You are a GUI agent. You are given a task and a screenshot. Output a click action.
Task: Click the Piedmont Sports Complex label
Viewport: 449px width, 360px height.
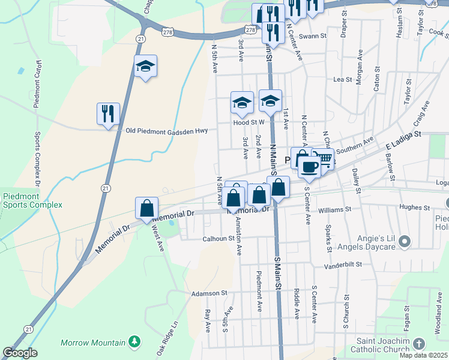pyautogui.click(x=32, y=200)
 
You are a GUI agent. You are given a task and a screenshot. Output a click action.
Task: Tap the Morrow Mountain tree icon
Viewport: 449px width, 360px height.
pyautogui.click(x=135, y=342)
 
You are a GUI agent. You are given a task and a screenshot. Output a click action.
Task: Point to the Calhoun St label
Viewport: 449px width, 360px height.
pyautogui.click(x=212, y=238)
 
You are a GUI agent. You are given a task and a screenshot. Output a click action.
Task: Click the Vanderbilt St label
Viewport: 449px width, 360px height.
pyautogui.click(x=344, y=265)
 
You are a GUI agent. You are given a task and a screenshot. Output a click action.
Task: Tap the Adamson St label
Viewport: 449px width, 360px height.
pyautogui.click(x=209, y=294)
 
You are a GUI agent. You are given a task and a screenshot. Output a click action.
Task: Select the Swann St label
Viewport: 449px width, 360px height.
pyautogui.click(x=314, y=36)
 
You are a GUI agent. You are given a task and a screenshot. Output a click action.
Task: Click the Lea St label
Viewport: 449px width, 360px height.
pyautogui.click(x=342, y=79)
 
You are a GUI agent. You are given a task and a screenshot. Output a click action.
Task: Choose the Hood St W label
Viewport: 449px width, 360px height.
pyautogui.click(x=249, y=122)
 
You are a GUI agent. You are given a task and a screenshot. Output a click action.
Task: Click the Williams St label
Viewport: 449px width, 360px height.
pyautogui.click(x=334, y=209)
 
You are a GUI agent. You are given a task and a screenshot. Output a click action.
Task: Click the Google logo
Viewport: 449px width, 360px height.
pyautogui.click(x=20, y=353)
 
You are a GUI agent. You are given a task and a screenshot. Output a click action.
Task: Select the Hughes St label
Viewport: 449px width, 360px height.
pyautogui.click(x=415, y=208)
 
